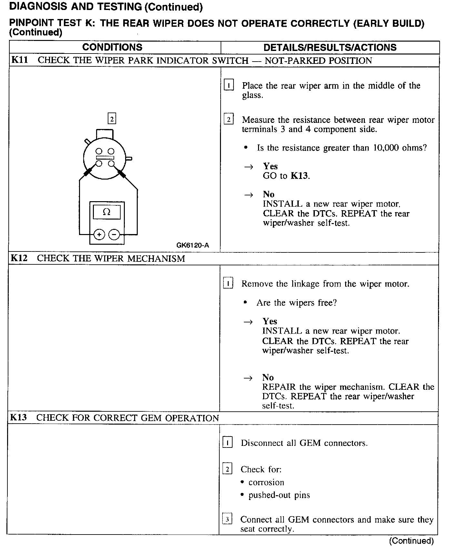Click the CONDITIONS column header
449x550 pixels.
[112, 47]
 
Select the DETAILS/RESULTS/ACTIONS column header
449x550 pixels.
[330, 47]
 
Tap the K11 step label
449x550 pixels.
[20, 60]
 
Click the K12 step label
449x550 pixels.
[19, 258]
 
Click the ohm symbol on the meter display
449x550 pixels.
[106, 212]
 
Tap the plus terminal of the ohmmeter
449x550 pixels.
[99, 234]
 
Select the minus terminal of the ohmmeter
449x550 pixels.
[114, 234]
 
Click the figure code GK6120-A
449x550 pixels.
[193, 245]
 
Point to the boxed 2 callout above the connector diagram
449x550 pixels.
[112, 119]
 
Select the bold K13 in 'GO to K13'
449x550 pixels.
[299, 176]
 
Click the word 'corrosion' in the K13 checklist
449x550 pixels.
[266, 482]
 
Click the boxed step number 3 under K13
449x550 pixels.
[227, 519]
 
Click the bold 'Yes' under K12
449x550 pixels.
[270, 321]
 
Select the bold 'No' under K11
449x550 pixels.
[269, 194]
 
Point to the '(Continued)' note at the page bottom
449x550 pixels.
[412, 541]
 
